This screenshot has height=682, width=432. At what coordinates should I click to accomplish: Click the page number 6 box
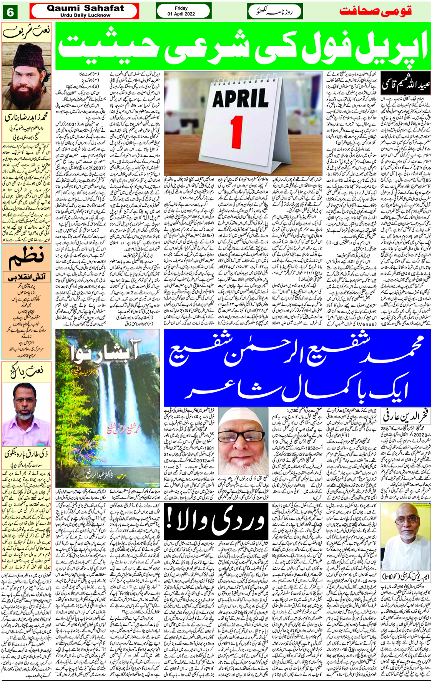click(10, 12)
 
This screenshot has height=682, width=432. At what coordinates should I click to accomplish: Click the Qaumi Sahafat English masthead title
click(85, 8)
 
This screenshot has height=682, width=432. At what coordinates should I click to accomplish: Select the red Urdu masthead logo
click(375, 11)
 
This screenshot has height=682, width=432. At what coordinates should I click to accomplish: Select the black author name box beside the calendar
click(405, 85)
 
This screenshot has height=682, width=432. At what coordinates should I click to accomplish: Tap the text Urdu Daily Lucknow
click(85, 15)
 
